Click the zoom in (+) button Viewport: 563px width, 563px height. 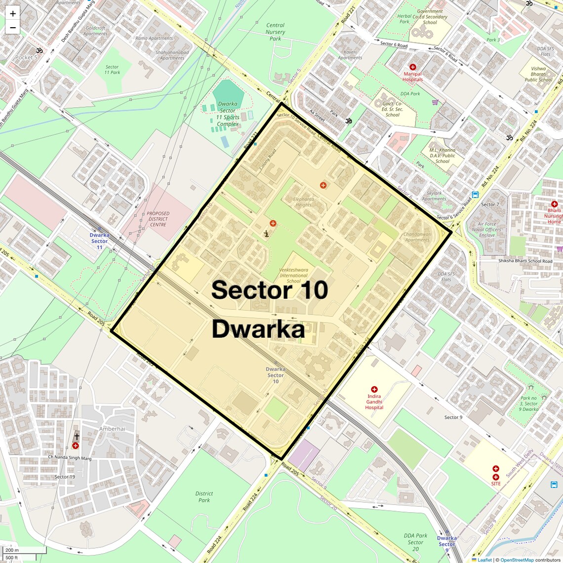point(13,14)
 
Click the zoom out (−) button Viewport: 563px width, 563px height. point(13,28)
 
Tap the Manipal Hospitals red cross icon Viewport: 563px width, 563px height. point(413,67)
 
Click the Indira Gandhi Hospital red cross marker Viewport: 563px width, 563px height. point(374,390)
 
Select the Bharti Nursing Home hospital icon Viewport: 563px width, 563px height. point(554,204)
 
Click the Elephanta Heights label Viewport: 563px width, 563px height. point(303,202)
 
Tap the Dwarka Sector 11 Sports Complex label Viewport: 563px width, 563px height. point(228,114)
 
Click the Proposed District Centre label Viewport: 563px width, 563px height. point(158,219)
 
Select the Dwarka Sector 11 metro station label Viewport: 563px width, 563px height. point(99,241)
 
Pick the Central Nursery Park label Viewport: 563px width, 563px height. point(275,32)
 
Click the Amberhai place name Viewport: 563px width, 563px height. point(112,429)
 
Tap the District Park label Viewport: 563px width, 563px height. point(204,497)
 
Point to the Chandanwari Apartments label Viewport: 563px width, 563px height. point(417,237)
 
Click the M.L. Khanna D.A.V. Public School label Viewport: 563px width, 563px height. point(442,156)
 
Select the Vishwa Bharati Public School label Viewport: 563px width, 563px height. point(538,74)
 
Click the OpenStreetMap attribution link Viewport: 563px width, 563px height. point(517,560)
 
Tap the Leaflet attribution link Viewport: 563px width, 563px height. point(484,560)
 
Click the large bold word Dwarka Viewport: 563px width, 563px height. point(258,329)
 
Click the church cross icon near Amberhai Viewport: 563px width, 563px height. point(77,437)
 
